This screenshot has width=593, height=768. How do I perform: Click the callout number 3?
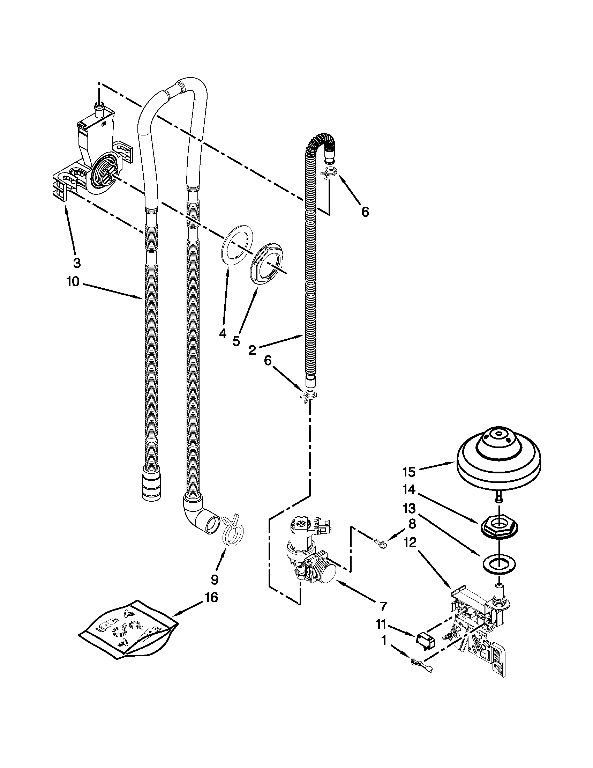(x=77, y=263)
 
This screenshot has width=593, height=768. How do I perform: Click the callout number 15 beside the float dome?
(x=409, y=472)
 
